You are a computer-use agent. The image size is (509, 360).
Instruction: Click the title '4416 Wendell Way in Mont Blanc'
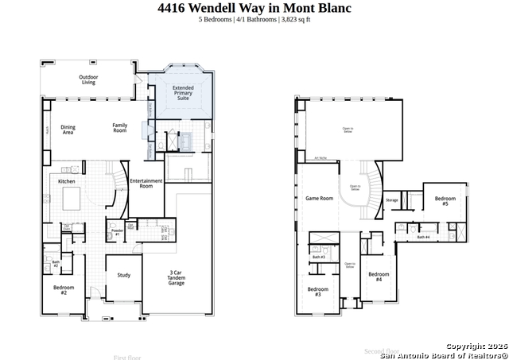point(254,8)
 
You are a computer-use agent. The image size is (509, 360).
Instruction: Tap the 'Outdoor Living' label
point(87,79)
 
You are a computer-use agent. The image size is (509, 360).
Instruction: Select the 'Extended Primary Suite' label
point(183,93)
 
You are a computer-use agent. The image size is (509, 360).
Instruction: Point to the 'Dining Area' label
point(68,129)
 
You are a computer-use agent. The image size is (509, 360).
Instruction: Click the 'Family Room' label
point(119,127)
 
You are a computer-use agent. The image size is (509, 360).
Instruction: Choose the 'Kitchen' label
point(67,181)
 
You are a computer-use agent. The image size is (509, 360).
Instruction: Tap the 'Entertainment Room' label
point(146,184)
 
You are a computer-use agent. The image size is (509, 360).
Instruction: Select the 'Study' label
point(123,276)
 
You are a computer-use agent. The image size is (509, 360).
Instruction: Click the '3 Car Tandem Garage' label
point(177,278)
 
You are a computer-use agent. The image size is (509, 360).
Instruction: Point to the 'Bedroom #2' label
point(64,290)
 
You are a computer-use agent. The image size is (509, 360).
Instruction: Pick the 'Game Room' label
point(319,198)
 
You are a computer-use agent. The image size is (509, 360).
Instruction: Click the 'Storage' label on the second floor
point(392,200)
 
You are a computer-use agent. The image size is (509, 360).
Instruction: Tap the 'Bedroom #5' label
point(445,201)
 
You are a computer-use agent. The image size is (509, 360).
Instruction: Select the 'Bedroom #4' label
point(379,277)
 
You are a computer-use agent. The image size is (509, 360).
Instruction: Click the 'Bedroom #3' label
point(318,291)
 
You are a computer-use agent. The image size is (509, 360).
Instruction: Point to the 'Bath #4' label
point(424,237)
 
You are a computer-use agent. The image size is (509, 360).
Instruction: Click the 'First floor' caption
point(127,357)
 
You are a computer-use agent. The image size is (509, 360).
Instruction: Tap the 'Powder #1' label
point(116,233)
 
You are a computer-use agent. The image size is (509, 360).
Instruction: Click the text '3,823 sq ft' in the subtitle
point(294,19)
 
